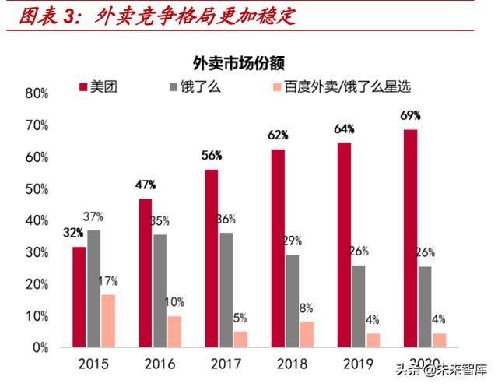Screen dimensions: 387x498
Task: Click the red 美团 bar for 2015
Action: tap(79, 297)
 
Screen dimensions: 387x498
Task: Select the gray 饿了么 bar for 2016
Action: tap(160, 290)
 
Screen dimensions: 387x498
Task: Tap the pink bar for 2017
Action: tap(240, 340)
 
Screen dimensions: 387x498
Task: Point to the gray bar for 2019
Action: tap(358, 306)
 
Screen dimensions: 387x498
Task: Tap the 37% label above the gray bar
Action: tap(93, 216)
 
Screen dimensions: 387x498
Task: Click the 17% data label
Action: tap(107, 280)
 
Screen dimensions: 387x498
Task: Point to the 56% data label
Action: tap(212, 155)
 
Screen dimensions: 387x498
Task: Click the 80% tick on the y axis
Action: tap(37, 93)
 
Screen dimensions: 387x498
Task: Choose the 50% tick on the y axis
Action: tap(37, 189)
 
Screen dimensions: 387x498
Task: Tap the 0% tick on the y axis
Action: tap(40, 348)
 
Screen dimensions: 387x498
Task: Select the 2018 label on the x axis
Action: tap(292, 364)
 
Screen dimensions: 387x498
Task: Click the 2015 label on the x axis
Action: tap(93, 364)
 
